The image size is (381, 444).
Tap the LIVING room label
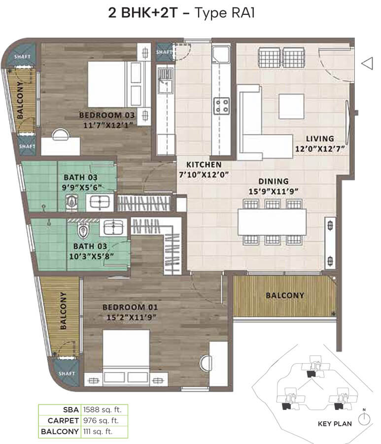pos(320,139)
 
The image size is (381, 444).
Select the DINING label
pos(274,181)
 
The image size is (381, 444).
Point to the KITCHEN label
pos(204,164)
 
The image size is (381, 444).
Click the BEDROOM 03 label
pos(107,115)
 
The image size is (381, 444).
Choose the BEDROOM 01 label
pos(130,307)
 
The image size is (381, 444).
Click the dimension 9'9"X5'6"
pos(82,187)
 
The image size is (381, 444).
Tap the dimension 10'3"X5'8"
pos(92,256)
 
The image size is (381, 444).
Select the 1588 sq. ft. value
pos(102,409)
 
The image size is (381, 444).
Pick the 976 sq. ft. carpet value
pos(101,420)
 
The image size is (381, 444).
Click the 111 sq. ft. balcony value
pos(98,432)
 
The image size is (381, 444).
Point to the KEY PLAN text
pos(335,424)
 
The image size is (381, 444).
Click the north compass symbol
pos(364,418)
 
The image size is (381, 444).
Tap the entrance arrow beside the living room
pos(367,63)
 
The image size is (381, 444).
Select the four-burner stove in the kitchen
pos(221,106)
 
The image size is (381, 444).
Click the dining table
pos(272,222)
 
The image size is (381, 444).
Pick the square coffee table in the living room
pos(291,107)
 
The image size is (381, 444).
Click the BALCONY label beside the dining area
pos(285,296)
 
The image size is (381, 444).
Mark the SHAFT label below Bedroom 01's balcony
pos(67,373)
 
